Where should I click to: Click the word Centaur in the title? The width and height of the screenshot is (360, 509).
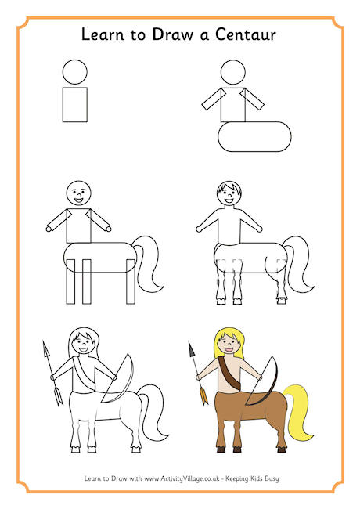[x=246, y=34]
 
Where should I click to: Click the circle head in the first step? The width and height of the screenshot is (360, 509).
[x=75, y=72]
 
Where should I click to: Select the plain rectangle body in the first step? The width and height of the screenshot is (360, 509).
[x=75, y=104]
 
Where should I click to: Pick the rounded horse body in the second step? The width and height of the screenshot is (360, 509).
[x=254, y=137]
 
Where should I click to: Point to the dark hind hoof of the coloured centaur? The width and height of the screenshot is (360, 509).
[x=281, y=449]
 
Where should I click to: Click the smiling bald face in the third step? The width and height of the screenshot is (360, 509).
[x=79, y=193]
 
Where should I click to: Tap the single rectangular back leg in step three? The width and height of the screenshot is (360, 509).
[x=131, y=281]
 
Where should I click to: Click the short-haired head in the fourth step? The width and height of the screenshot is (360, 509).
[x=229, y=193]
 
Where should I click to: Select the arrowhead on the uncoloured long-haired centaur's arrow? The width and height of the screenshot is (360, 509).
[x=46, y=349]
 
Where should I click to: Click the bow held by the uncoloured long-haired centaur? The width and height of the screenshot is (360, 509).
[x=121, y=380]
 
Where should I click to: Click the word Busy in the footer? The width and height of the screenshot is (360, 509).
[x=272, y=478]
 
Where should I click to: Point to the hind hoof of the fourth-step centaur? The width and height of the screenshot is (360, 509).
[x=281, y=301]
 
